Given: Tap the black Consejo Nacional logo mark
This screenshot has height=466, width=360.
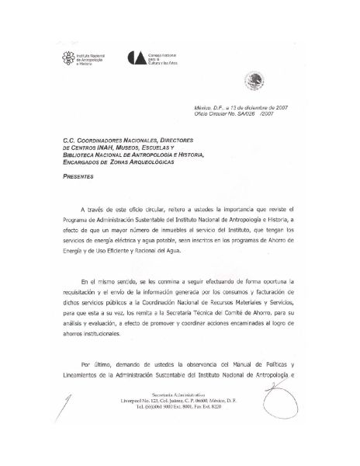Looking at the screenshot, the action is click(x=137, y=59).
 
